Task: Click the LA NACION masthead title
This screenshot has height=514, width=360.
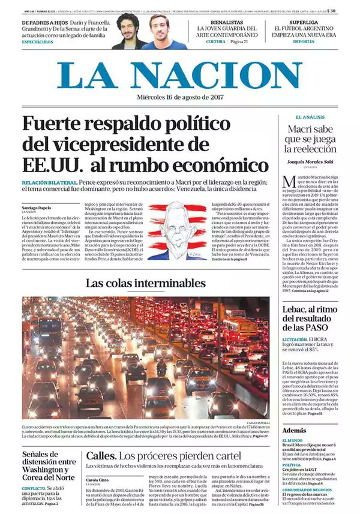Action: pyautogui.click(x=180, y=76)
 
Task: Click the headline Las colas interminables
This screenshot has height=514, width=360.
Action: pyautogui.click(x=145, y=283)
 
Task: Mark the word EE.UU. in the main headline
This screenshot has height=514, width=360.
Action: pyautogui.click(x=49, y=164)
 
